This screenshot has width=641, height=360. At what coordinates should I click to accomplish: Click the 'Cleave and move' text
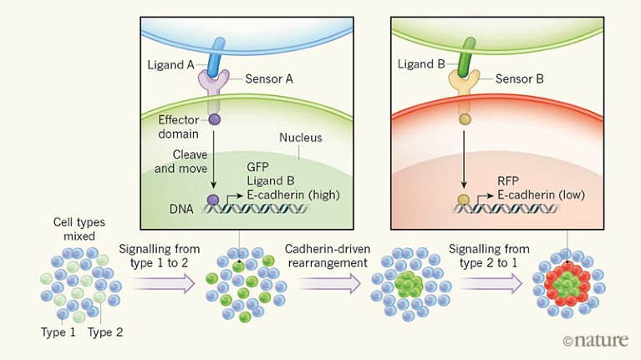coord(174,162)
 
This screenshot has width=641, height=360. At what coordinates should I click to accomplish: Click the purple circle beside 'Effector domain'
coord(214,119)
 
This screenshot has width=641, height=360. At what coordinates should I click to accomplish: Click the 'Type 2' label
coord(106,332)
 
